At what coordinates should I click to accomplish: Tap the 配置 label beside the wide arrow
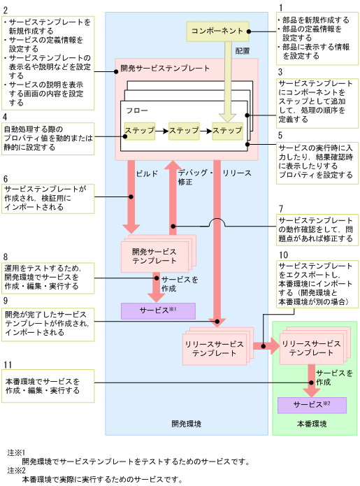coord(242,51)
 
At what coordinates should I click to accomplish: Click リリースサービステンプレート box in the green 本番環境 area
coord(310,348)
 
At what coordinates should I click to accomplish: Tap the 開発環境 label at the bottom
coord(186,424)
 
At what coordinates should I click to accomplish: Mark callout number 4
coord(6,116)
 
